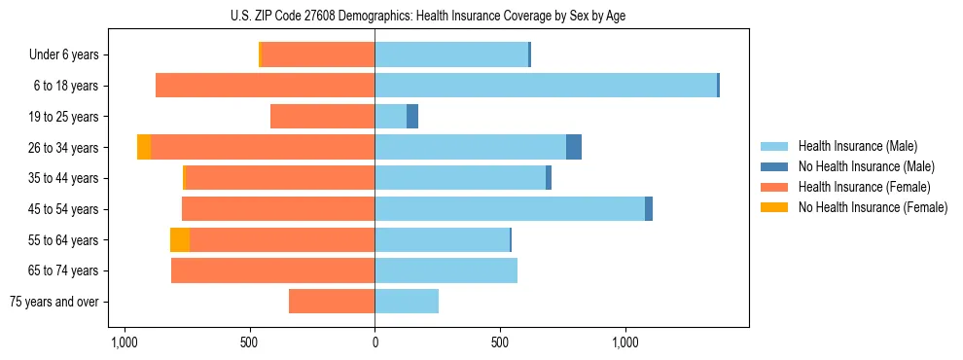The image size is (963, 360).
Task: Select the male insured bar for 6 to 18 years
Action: (546, 86)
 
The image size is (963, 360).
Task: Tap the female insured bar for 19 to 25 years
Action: (322, 117)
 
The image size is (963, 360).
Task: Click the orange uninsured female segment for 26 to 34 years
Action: (144, 147)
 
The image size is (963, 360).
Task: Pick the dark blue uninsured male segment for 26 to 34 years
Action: (574, 147)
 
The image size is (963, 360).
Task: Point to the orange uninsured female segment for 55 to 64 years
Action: (180, 240)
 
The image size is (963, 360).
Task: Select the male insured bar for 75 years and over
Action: (407, 302)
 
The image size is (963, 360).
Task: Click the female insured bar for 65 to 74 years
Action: (273, 270)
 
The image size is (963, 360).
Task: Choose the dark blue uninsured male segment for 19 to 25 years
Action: (412, 117)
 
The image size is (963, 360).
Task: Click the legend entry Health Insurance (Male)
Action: (857, 146)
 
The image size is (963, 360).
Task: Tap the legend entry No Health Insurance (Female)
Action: (873, 207)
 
